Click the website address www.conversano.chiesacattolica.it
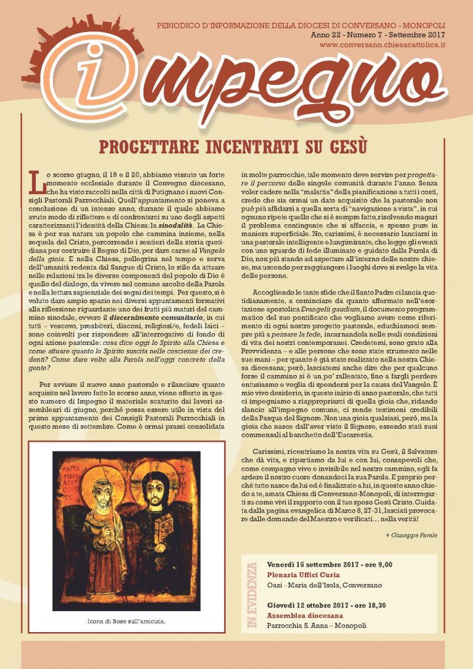point(383,45)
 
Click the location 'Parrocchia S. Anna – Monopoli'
point(316,626)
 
